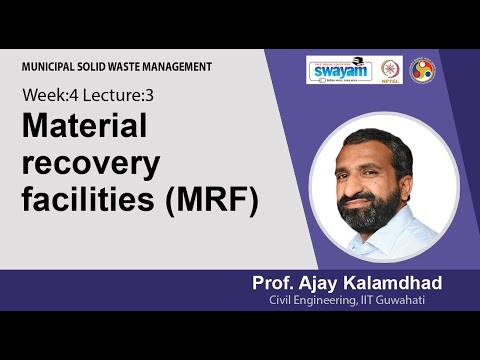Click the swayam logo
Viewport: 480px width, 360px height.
point(339,70)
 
